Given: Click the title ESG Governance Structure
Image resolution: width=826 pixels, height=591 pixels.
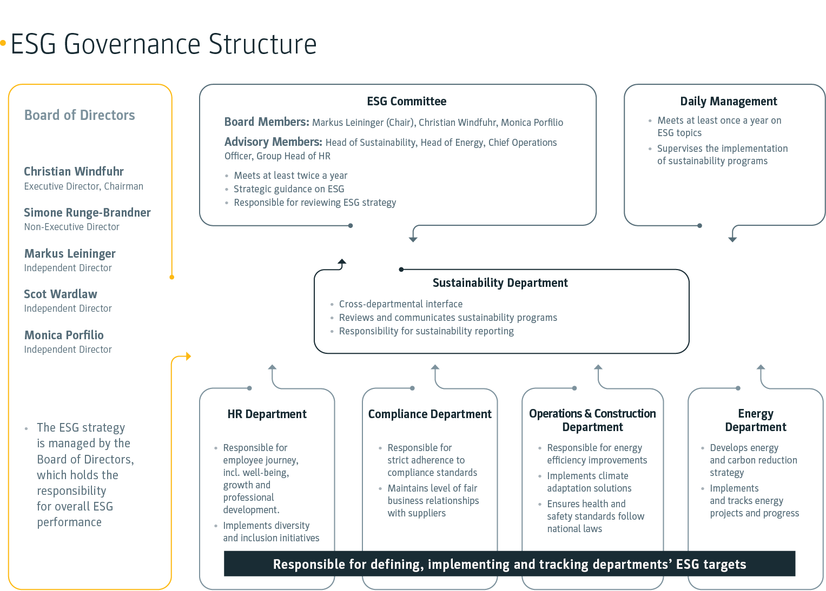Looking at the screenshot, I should coord(163,44).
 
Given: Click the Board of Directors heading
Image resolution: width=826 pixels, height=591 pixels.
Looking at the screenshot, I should coord(80,115).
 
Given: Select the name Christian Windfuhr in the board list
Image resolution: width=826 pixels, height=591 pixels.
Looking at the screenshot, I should coord(74,171).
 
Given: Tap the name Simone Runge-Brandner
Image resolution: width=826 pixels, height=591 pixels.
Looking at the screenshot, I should coord(87,212).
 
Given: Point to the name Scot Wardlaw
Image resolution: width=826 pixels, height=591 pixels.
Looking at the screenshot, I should coord(61,294).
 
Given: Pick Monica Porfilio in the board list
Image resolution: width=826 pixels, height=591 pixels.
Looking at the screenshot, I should coord(64,335).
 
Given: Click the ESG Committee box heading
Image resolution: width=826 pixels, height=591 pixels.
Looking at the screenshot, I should coord(406,101).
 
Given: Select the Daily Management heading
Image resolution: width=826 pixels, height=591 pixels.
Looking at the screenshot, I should coord(728,101).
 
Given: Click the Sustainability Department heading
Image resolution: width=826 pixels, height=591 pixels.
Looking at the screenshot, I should coord(500,283).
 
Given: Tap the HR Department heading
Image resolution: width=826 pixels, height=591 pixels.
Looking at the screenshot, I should coord(267,414).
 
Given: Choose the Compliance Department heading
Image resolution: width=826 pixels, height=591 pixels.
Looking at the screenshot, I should coord(429,414).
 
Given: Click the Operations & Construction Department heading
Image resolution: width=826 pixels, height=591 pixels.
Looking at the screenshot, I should coord(592,420).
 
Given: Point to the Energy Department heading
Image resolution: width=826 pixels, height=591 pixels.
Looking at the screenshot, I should coord(755,420).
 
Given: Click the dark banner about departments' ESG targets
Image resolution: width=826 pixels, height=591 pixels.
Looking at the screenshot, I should coord(509,564).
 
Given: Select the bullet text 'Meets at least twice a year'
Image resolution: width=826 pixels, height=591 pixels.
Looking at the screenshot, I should coord(290,176).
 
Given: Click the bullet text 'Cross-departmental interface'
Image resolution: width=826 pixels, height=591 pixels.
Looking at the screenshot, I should coord(400,304).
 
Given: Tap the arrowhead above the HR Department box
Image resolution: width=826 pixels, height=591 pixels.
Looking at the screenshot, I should coord(272,367).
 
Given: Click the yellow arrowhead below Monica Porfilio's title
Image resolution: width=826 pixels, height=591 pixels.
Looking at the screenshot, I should coord(188,356).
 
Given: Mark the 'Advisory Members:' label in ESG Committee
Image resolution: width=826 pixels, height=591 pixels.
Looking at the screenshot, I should coord(273,142).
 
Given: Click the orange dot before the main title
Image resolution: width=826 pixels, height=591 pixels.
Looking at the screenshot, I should coord(3,43).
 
